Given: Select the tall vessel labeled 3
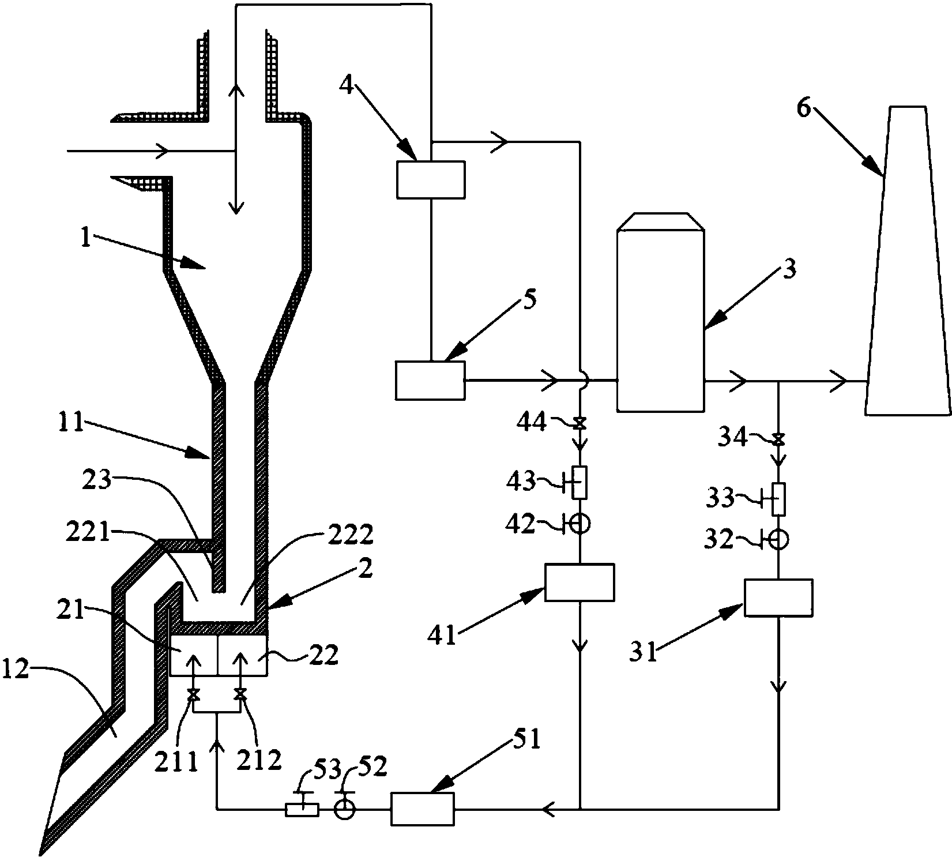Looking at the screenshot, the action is [x=660, y=312].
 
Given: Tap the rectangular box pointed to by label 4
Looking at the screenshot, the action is [x=431, y=179].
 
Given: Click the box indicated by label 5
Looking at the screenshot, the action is [x=430, y=380].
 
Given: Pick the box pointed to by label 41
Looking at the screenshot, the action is [x=580, y=582].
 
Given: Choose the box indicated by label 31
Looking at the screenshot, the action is [x=778, y=597].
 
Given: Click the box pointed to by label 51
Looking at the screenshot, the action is [x=423, y=809].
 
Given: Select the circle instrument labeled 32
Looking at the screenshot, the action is [x=779, y=539].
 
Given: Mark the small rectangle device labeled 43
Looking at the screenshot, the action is [x=580, y=482].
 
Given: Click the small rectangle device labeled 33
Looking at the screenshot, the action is [x=778, y=499].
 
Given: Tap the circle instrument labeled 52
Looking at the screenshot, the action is [x=345, y=809].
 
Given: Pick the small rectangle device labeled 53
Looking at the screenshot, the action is [x=302, y=810].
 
